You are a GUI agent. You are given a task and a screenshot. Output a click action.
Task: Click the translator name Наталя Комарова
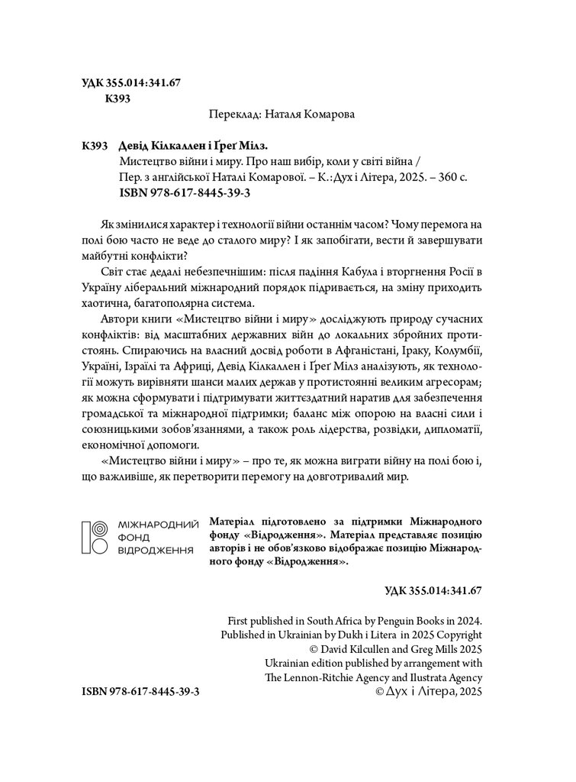[x=314, y=114]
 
